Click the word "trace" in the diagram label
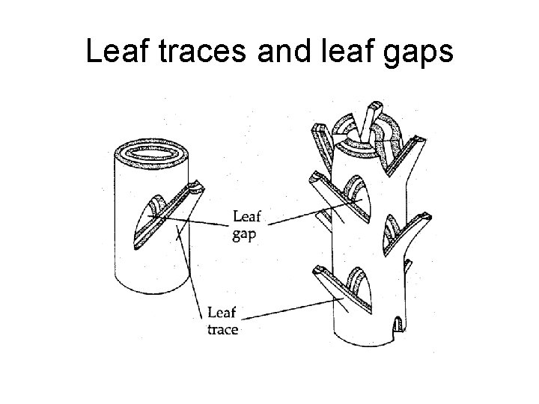222,329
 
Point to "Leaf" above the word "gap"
247,217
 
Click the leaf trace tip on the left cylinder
195,186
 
